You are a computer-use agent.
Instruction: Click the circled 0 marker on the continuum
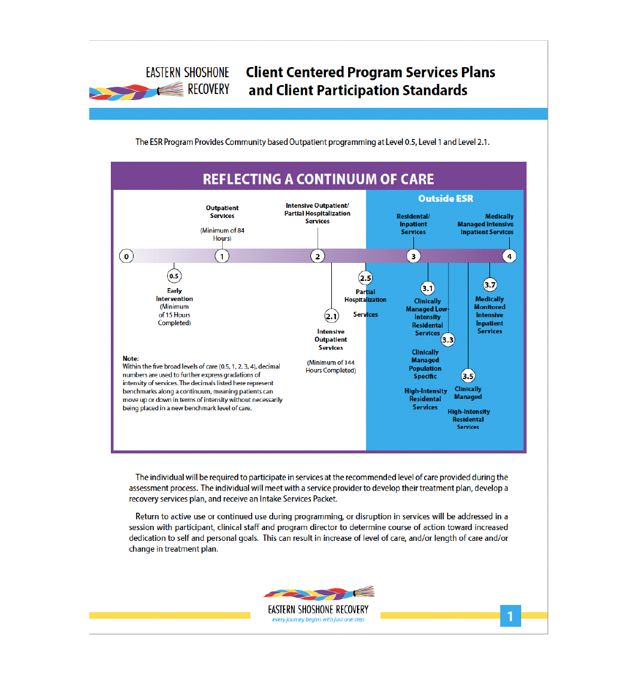tap(126, 256)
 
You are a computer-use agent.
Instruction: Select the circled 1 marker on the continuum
tap(222, 256)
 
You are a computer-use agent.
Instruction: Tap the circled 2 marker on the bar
tap(318, 256)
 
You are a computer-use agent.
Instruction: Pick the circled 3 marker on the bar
tap(413, 256)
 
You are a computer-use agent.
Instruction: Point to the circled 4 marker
tap(509, 256)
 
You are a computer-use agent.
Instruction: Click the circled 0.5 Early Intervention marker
tap(174, 276)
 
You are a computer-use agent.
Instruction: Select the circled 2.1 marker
tap(331, 316)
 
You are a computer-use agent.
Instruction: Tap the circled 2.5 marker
tap(365, 278)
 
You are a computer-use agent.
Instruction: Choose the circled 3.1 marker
tap(427, 288)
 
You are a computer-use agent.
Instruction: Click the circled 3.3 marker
tap(447, 340)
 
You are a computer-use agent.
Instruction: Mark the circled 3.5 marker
tap(468, 376)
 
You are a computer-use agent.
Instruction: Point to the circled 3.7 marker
tap(490, 285)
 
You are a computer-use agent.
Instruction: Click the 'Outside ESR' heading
tap(446, 198)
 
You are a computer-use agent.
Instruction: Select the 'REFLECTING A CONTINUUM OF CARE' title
tap(318, 179)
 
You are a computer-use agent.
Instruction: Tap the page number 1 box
tap(510, 616)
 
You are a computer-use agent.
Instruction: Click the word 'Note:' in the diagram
tap(131, 358)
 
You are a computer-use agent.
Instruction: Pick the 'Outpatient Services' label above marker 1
tap(222, 212)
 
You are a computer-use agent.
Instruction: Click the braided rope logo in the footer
tap(319, 593)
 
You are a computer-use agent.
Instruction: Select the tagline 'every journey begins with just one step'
tap(318, 620)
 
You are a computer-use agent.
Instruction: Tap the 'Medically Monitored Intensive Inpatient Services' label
tap(489, 315)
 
